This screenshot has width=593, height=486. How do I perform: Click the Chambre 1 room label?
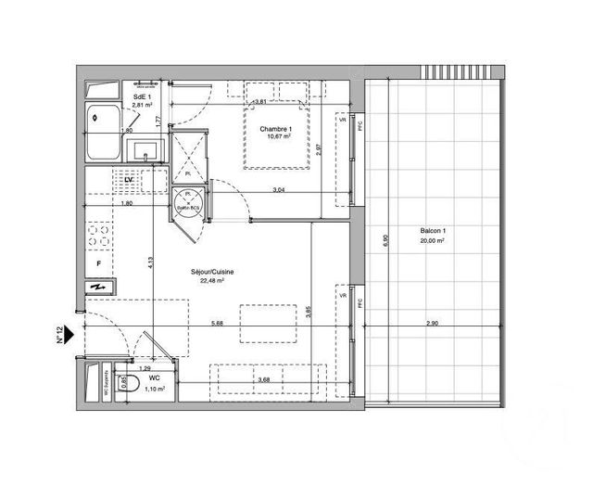pos(277,129)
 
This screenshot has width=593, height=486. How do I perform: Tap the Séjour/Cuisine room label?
pos(212,271)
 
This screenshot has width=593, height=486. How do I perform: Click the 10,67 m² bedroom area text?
pos(278,137)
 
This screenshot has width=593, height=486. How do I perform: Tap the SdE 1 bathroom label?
pos(141,96)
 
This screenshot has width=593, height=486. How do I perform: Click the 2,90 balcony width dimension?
pos(433,322)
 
